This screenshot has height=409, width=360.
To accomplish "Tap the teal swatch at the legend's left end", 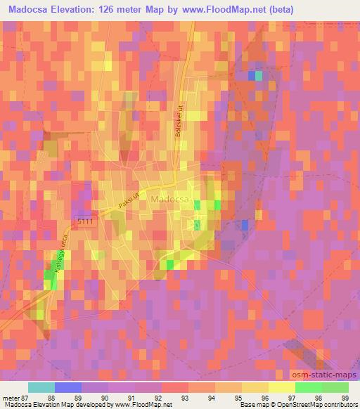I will pos(41,387).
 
